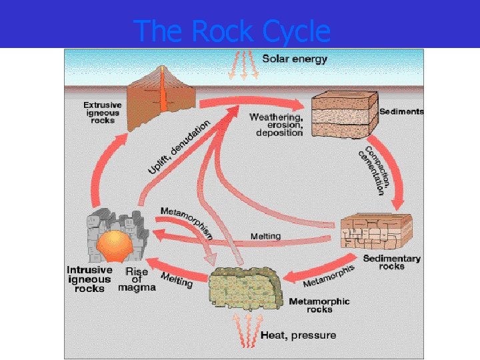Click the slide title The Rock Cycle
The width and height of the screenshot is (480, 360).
click(231, 31)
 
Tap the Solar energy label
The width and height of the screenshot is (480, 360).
click(295, 59)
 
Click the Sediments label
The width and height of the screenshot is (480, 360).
click(401, 111)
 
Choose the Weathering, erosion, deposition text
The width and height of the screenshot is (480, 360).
click(276, 125)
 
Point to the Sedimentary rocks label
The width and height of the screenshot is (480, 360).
click(391, 262)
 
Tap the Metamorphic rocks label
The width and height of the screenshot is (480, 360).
click(319, 305)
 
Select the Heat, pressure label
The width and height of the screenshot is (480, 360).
click(298, 335)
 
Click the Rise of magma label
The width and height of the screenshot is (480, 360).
click(137, 279)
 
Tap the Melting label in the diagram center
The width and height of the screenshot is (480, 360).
click(265, 236)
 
